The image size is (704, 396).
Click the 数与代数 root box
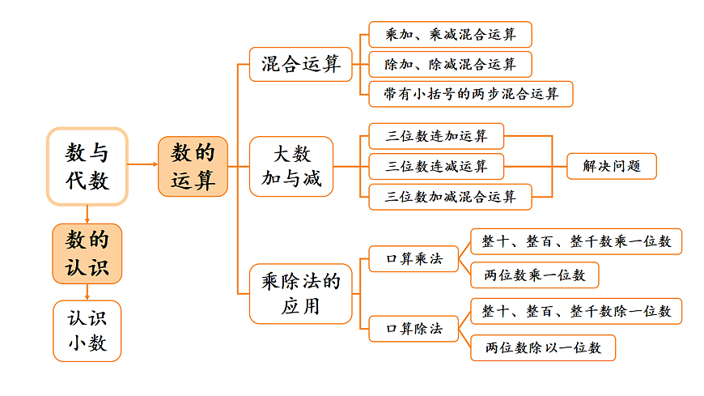tap(87, 165)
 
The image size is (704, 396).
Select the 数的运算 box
tap(193, 166)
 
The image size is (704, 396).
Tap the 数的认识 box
tap(87, 253)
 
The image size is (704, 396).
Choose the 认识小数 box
tap(87, 330)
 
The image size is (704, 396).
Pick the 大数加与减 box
tap(291, 166)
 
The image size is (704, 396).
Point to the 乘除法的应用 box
tap(300, 293)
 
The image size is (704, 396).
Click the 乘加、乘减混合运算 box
tap(450, 35)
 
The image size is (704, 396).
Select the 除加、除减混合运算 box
tap(450, 64)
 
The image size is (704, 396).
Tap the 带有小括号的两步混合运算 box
tap(470, 93)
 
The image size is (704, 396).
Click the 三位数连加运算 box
tap(436, 135)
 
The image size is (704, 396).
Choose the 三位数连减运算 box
tap(436, 166)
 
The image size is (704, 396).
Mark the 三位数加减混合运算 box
tap(450, 196)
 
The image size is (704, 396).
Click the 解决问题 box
tap(611, 166)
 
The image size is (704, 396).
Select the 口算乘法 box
tap(413, 259)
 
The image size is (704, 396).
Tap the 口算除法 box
tap(413, 329)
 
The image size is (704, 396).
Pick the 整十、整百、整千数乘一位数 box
tap(575, 241)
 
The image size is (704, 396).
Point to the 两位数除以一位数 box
tap(542, 347)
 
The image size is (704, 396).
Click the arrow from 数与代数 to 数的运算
tap(142, 165)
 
